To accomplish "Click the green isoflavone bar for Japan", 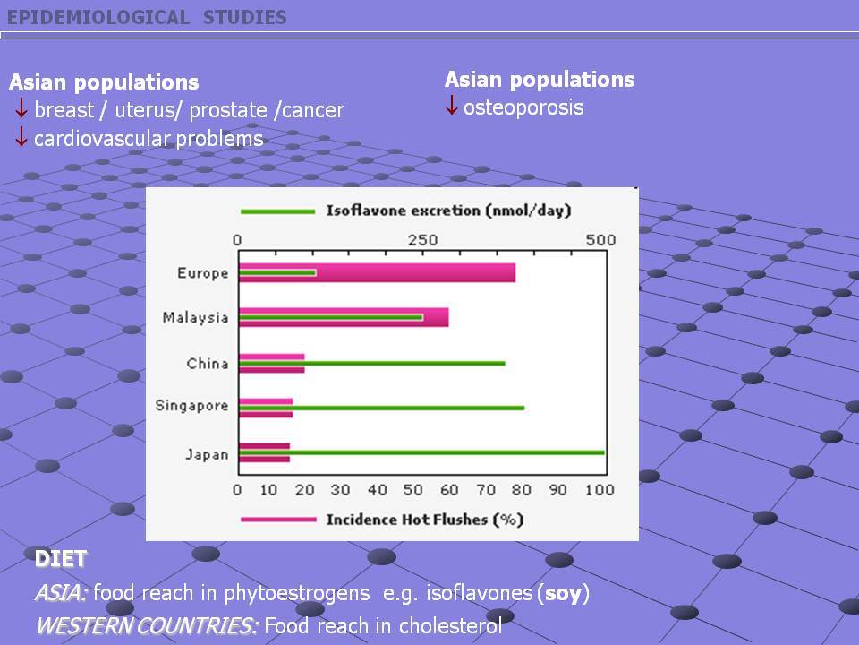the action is (421, 452).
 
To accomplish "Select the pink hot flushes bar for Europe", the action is (377, 272).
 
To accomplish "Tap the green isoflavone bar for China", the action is (372, 363).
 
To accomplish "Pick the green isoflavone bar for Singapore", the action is (382, 408).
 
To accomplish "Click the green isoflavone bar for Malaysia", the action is (331, 317).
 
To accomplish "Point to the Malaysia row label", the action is (195, 318).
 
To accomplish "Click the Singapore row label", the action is (191, 406).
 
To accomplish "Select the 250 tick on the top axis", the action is (422, 240).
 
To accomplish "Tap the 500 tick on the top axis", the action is (600, 240).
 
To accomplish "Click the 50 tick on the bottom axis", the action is (412, 490).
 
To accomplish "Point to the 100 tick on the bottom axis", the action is (600, 490).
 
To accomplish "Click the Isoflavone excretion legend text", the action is (448, 211).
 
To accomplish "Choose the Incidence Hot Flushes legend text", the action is (425, 520).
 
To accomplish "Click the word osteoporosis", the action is (523, 108).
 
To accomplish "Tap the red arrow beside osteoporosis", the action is (451, 105).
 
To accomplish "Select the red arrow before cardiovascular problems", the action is (21, 136).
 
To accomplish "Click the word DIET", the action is (60, 559).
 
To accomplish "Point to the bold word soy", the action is (563, 593).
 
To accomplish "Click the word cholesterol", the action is (450, 626).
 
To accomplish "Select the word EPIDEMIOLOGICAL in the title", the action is (98, 18).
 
